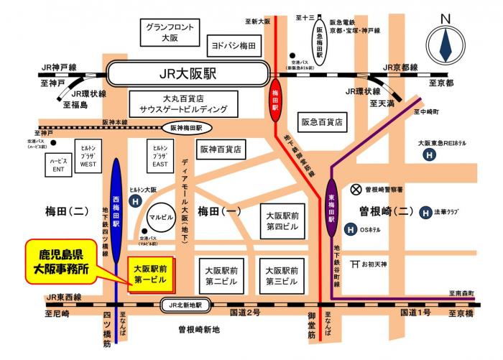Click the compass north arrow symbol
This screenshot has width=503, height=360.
pyautogui.click(x=446, y=44)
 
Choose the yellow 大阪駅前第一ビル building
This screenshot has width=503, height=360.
pyautogui.click(x=150, y=274)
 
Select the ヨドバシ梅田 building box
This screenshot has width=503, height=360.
pyautogui.click(x=234, y=45)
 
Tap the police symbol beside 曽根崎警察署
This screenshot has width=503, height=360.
pyautogui.click(x=355, y=190)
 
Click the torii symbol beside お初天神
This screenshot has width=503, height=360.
pyautogui.click(x=355, y=264)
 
